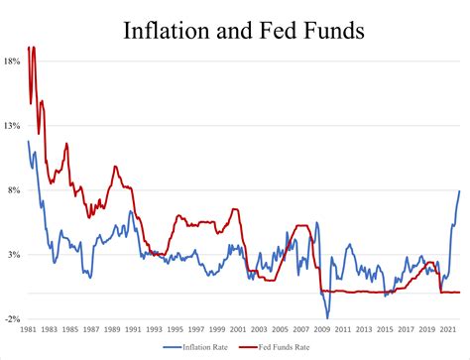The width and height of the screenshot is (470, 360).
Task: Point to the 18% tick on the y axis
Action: (12, 61)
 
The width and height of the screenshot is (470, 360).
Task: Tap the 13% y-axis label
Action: (12, 126)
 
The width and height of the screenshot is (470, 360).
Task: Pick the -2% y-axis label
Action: (13, 319)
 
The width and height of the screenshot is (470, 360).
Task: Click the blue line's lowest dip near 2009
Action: (327, 318)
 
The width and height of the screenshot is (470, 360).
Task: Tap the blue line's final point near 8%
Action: (460, 191)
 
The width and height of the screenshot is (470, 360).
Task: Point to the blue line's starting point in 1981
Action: (29, 141)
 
